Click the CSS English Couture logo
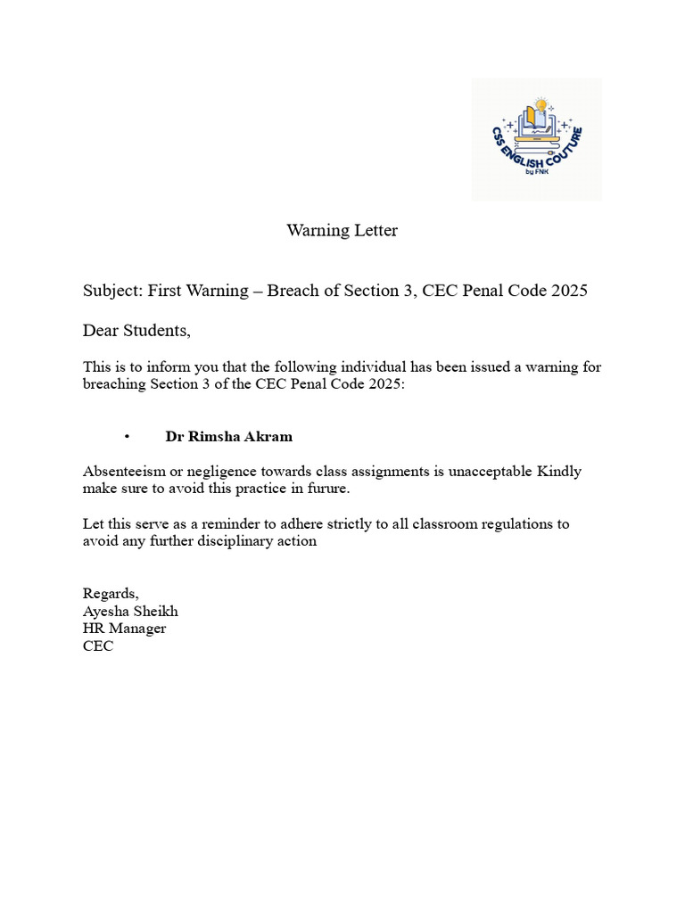click(536, 139)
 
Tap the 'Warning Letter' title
click(342, 231)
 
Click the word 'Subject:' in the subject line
click(113, 291)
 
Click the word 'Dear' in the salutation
click(101, 331)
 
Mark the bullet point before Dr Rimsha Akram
click(128, 437)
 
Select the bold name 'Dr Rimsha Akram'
click(228, 437)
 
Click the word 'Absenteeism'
click(123, 472)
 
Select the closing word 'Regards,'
click(111, 594)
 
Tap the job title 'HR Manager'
click(124, 629)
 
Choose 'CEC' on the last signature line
click(98, 646)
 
